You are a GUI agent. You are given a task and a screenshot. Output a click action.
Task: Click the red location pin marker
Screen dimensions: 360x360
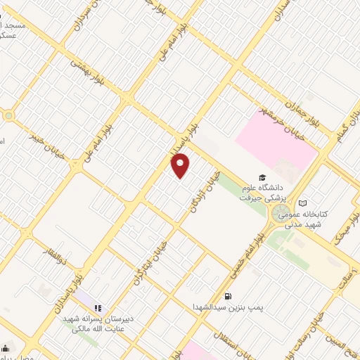(181, 165)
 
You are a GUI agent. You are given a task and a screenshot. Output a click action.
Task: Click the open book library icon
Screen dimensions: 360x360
(303, 203)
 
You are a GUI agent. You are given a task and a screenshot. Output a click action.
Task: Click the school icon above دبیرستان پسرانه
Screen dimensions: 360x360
(98, 308)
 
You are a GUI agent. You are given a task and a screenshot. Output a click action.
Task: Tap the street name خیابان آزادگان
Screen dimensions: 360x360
(199, 194)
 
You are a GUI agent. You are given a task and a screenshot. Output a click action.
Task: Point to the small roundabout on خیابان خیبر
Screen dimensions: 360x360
(9, 115)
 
